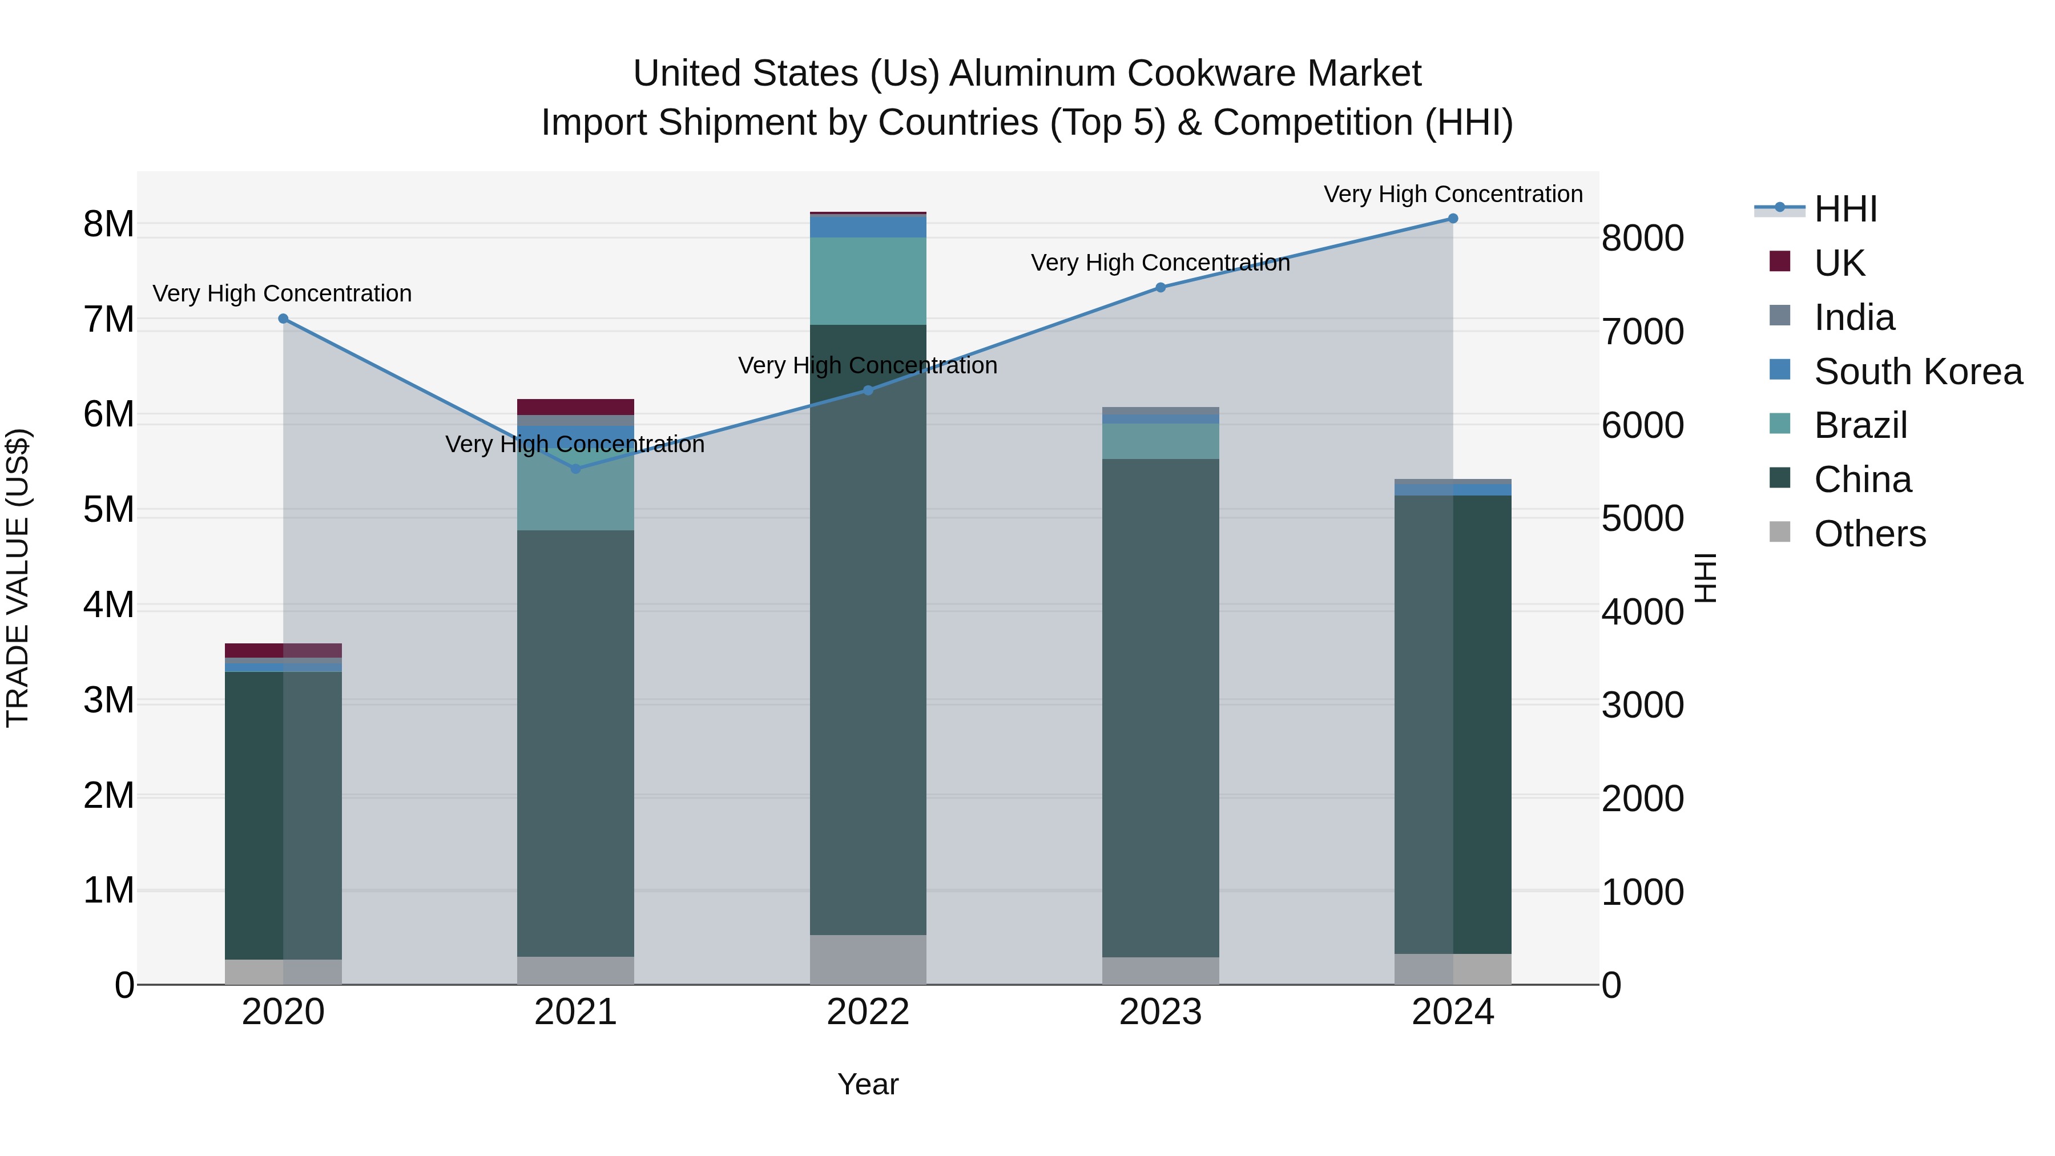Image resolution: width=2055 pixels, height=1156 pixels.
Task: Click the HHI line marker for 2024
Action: coord(1453,219)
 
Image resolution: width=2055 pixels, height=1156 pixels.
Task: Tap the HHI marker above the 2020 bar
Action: coord(283,319)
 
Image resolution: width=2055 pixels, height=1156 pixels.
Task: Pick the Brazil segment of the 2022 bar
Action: coord(868,281)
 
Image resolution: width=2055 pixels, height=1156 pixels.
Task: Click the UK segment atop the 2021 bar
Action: coord(575,407)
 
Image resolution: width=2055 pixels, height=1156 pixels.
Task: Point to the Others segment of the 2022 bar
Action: coord(868,960)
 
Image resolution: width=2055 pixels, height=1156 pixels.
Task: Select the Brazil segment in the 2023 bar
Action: coord(1160,441)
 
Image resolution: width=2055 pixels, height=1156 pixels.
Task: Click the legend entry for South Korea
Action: coord(1918,372)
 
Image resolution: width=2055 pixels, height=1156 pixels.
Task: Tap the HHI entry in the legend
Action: coord(1845,209)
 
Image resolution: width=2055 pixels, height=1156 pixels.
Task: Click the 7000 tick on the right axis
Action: coord(1642,332)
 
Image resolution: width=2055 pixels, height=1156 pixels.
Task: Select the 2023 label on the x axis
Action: coord(1160,1012)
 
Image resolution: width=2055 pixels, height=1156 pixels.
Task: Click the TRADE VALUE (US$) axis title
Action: coord(18,578)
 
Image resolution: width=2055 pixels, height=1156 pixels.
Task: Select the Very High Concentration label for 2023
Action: coord(1160,263)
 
